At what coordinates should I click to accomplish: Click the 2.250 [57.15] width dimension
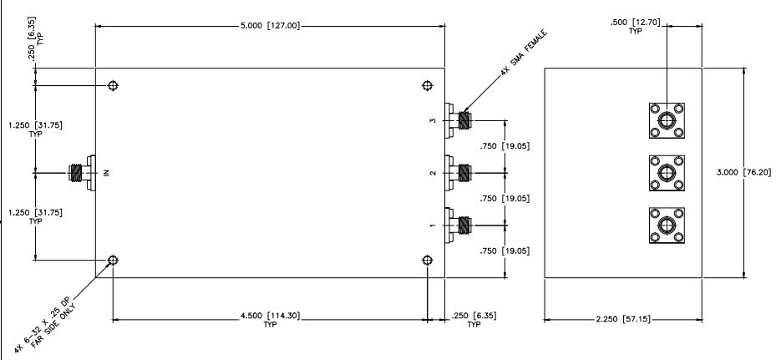[x=623, y=317]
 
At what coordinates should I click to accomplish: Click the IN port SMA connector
[x=79, y=173]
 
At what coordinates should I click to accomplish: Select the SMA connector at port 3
[x=460, y=120]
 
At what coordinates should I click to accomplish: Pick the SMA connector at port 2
[x=460, y=173]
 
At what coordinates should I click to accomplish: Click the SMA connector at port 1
[x=460, y=225]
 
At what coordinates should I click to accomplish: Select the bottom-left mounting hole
[x=113, y=260]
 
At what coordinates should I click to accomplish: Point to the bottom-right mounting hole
[x=428, y=260]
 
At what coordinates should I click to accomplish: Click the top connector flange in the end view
[x=667, y=120]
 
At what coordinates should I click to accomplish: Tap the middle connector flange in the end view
[x=667, y=173]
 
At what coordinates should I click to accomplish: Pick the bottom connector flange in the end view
[x=667, y=226]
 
